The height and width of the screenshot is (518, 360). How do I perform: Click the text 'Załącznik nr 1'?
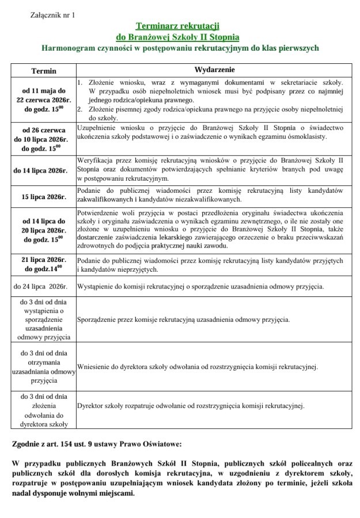point(52,14)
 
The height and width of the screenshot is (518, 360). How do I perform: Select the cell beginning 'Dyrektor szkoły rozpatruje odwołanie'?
point(190,406)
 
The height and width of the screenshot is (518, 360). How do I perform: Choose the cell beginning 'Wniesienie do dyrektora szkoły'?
point(197,366)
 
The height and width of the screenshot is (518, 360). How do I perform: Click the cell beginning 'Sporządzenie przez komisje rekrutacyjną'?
point(183,319)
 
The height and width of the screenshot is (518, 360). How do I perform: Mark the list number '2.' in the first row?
point(80,109)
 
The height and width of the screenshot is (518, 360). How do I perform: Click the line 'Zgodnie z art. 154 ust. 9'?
point(96,444)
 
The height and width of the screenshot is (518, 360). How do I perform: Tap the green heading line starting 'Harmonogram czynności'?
point(180,49)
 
